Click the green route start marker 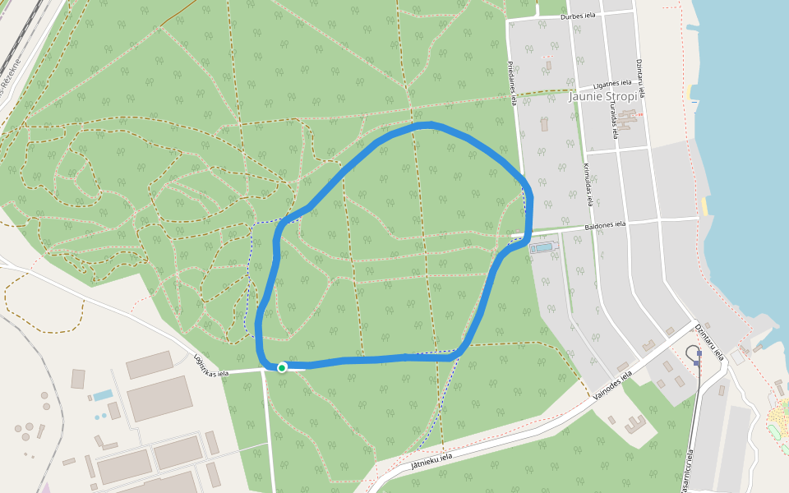[x=282, y=367]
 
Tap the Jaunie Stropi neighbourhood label [x=602, y=96]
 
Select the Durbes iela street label [x=578, y=15]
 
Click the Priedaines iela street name [x=512, y=82]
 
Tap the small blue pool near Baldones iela [x=542, y=246]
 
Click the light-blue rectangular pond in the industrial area [x=103, y=396]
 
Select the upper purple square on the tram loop [x=699, y=353]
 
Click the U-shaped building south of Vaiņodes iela [x=634, y=424]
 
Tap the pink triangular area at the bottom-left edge [x=45, y=488]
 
